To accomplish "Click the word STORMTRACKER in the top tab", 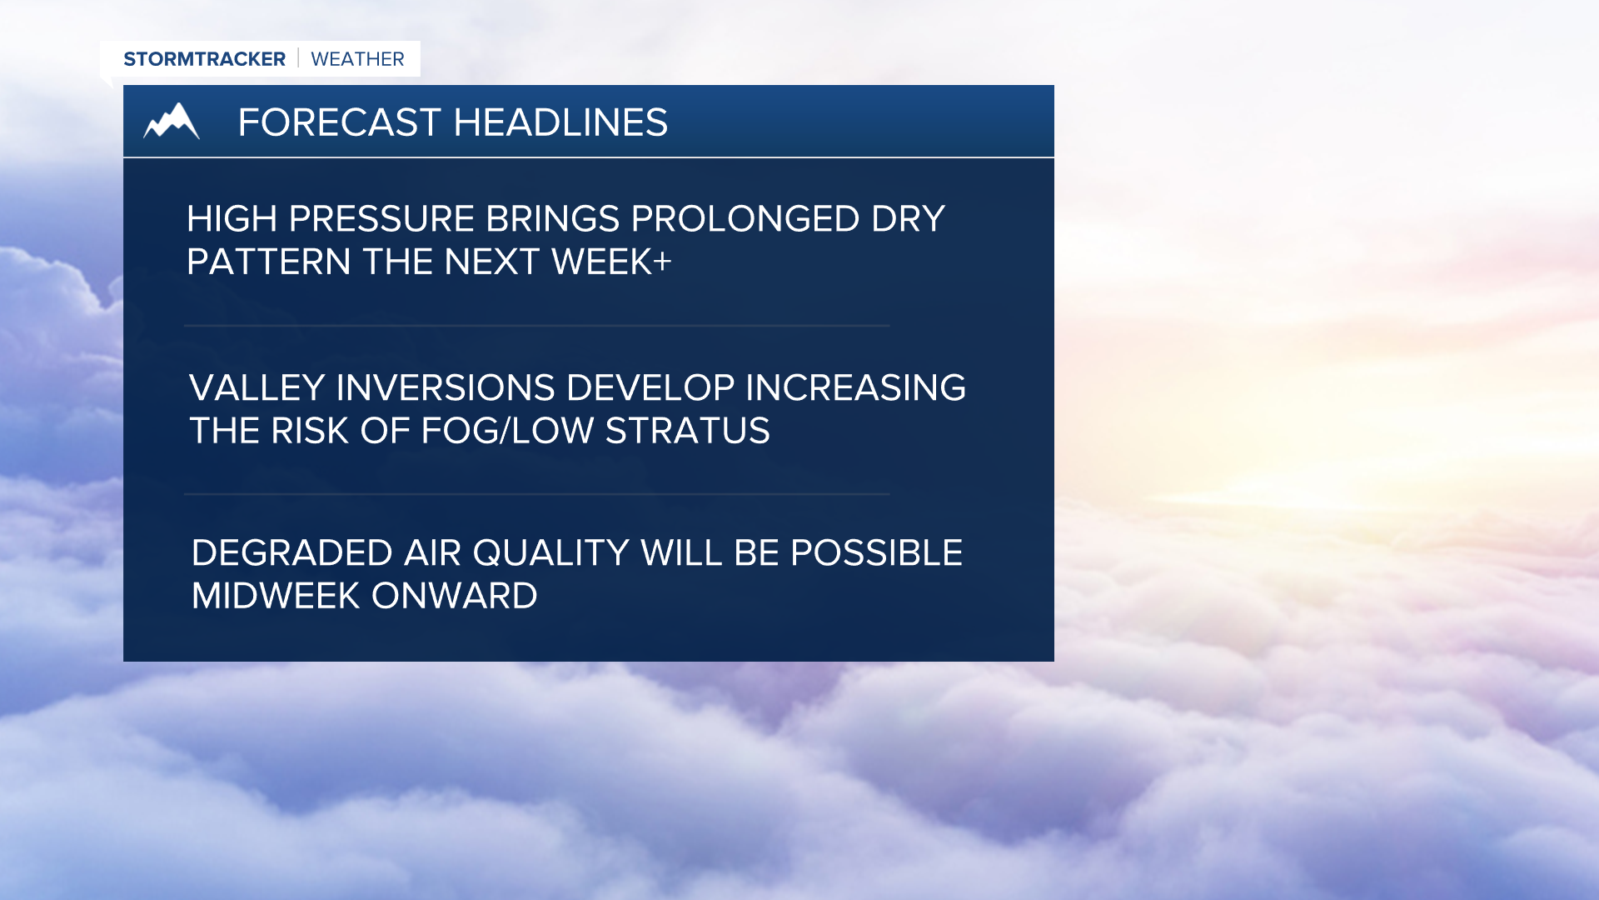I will [204, 59].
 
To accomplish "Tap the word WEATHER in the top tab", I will [357, 59].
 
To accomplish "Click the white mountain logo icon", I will [172, 122].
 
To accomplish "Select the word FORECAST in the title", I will [339, 122].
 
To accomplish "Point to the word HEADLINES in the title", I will [560, 122].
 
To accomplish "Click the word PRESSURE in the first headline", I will [381, 219].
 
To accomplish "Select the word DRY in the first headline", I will [908, 219].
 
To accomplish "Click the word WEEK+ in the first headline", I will [611, 262].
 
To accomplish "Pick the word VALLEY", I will [257, 388].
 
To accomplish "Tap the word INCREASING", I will [855, 388].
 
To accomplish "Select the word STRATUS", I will [687, 431].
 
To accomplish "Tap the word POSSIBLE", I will [876, 553].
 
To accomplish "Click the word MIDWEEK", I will [275, 596].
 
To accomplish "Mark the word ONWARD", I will [454, 596].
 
